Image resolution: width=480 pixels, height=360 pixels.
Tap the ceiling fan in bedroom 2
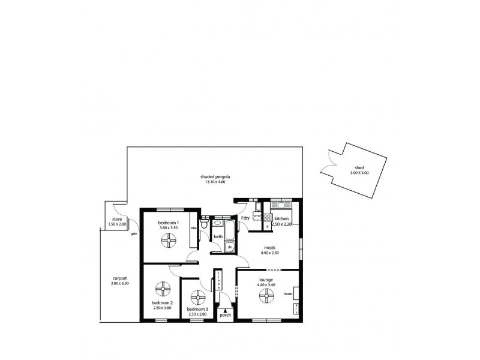point(162,290)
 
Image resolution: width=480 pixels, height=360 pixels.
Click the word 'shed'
point(359,169)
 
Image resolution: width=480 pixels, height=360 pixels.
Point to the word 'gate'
point(134,233)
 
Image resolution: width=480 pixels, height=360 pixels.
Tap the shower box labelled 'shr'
point(230,246)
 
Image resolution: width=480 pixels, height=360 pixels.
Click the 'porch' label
point(226,314)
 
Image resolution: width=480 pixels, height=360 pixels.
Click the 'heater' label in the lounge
point(289,294)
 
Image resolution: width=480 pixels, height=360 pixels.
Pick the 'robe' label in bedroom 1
point(193,229)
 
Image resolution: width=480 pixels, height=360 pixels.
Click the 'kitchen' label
point(282,219)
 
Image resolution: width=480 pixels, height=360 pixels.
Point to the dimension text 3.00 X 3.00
point(359,174)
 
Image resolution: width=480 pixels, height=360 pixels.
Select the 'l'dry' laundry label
point(245,218)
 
